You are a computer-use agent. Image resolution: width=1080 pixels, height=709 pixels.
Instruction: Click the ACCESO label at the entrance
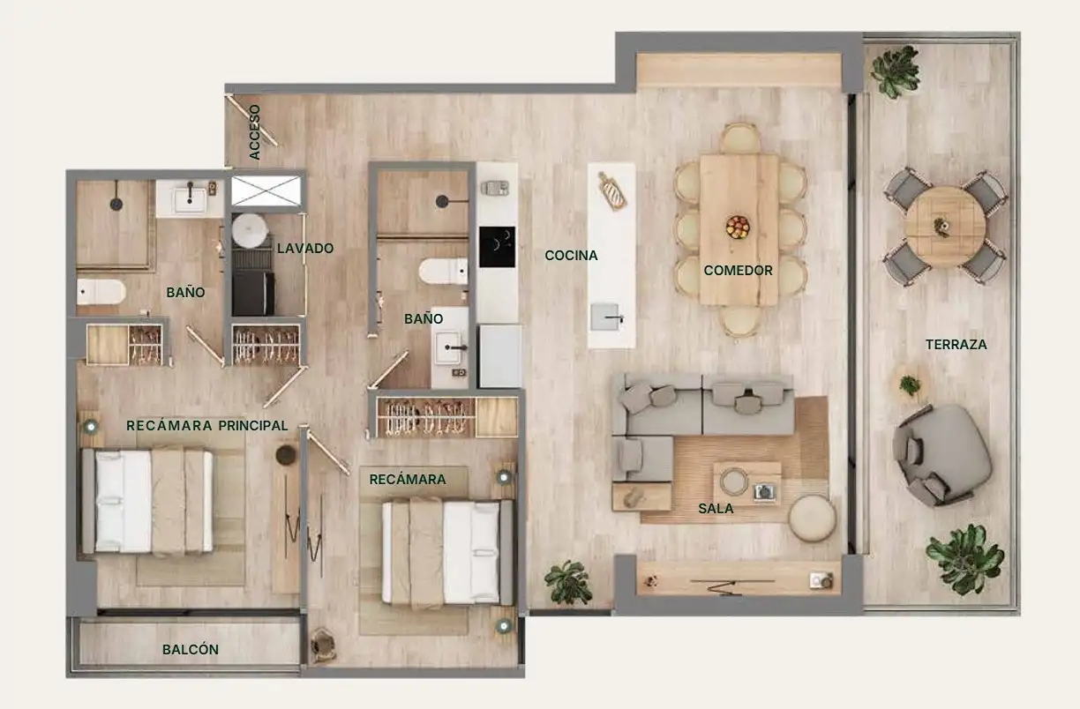pyautogui.click(x=254, y=132)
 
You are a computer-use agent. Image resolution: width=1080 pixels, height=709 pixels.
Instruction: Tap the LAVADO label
pyautogui.click(x=305, y=248)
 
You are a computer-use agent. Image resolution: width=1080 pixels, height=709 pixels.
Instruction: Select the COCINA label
pyautogui.click(x=571, y=256)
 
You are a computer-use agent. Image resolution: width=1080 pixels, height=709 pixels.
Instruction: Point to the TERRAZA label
pyautogui.click(x=956, y=345)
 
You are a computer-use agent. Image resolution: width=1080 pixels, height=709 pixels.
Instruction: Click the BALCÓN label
pyautogui.click(x=191, y=650)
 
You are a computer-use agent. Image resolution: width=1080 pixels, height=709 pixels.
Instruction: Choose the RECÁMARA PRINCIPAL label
pyautogui.click(x=206, y=426)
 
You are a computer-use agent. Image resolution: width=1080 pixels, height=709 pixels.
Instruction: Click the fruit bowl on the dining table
pyautogui.click(x=738, y=227)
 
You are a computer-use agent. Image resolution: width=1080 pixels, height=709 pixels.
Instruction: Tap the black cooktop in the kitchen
pyautogui.click(x=497, y=247)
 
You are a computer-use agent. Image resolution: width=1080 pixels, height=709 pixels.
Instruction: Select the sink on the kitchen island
pyautogui.click(x=605, y=317)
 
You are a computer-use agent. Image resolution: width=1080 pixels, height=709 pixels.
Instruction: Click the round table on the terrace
pyautogui.click(x=945, y=227)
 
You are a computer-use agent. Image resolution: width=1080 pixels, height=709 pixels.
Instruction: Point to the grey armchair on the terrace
pyautogui.click(x=941, y=455)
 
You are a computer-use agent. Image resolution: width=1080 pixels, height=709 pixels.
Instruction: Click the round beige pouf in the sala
pyautogui.click(x=812, y=519)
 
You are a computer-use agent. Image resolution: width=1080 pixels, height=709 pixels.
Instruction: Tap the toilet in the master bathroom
pyautogui.click(x=101, y=292)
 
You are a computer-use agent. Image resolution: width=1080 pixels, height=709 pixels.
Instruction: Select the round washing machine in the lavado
pyautogui.click(x=250, y=231)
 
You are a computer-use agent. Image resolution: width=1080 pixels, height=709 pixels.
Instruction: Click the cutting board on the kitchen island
pyautogui.click(x=611, y=190)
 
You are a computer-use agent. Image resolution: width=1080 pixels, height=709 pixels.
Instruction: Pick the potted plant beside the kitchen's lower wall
pyautogui.click(x=569, y=582)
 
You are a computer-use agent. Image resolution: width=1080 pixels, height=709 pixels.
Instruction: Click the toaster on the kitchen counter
pyautogui.click(x=494, y=188)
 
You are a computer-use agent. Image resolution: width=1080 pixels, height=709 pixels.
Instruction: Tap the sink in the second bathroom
pyautogui.click(x=449, y=347)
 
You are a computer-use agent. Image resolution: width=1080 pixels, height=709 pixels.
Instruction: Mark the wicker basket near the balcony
pyautogui.click(x=323, y=645)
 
